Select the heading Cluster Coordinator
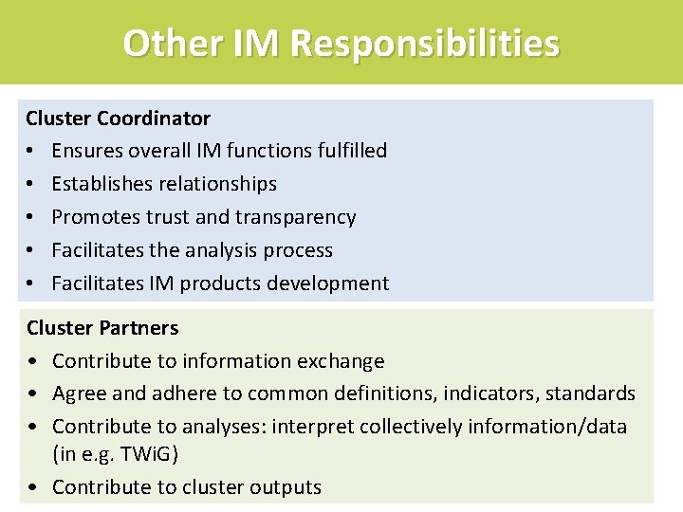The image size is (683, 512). pos(119,119)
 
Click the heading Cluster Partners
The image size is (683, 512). pos(102,328)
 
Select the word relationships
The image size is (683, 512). pos(218,184)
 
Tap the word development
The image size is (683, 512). pos(331,283)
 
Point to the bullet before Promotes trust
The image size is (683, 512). pos(31,217)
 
